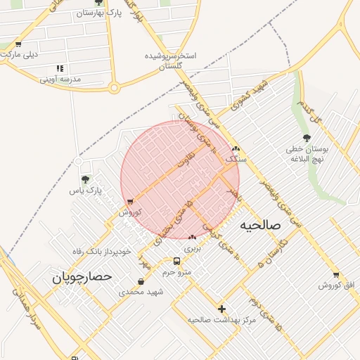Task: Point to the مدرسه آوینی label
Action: coord(60,79)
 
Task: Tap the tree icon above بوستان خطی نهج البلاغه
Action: coord(306,138)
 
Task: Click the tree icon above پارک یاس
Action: coord(86,180)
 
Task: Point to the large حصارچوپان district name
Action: coord(82,278)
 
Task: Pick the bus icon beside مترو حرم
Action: coord(186,261)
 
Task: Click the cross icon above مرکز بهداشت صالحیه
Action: coord(222,309)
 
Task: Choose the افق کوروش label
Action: coord(337,285)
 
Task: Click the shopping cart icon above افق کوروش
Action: coord(336,274)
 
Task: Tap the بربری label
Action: coord(192,248)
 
